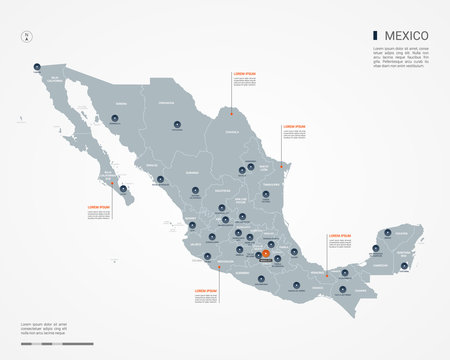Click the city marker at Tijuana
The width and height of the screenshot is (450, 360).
36,67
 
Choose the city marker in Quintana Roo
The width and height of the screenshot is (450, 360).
404,264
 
